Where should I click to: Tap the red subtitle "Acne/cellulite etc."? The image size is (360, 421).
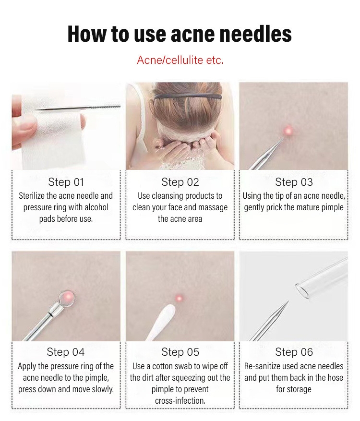(x=180, y=60)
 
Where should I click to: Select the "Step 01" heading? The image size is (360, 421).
(x=66, y=182)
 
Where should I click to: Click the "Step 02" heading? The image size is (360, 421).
(x=180, y=182)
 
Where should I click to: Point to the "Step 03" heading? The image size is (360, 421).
(x=294, y=182)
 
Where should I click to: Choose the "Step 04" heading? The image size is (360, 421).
(x=66, y=352)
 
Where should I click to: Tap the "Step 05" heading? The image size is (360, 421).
(x=180, y=352)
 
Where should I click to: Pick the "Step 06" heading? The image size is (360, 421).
(x=294, y=352)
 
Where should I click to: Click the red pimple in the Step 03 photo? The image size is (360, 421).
(x=288, y=131)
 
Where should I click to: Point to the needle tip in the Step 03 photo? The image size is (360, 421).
(x=283, y=138)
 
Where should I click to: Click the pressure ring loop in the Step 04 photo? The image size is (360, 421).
(x=67, y=298)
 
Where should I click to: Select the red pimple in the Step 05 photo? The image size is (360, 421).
(x=179, y=298)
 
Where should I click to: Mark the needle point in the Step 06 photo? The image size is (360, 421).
(x=288, y=301)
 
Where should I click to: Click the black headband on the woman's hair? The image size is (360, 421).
(x=188, y=96)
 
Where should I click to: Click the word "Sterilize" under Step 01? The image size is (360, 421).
(x=32, y=196)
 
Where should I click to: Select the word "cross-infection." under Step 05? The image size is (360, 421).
(x=180, y=400)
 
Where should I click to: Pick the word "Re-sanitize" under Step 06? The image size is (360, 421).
(x=261, y=366)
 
